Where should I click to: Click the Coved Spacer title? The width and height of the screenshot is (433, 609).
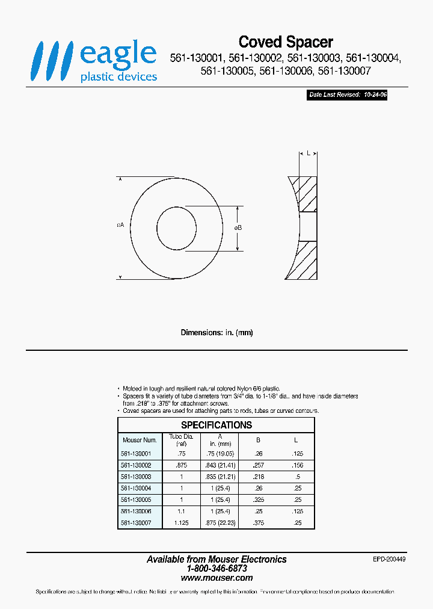coord(286,42)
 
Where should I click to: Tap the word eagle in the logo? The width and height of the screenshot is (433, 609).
coord(118,54)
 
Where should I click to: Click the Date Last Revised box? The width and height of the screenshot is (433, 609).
coord(347,95)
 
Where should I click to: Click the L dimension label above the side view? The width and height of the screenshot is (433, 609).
coord(308,153)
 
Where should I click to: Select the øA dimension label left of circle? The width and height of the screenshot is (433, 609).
coord(120,224)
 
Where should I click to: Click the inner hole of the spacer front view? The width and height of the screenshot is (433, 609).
coord(176,229)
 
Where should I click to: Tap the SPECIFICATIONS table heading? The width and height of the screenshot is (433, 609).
coord(216,425)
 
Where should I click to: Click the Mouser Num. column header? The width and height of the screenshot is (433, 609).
coord(139,440)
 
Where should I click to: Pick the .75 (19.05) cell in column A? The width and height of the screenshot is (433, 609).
coord(220,454)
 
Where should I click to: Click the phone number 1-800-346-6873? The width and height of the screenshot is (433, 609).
coord(216,568)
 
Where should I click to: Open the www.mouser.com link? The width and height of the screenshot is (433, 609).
coord(216,578)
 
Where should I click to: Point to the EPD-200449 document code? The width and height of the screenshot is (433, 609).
coord(390,559)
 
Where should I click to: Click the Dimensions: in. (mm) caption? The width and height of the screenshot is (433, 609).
coord(216,333)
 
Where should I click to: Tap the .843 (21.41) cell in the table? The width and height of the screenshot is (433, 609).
coord(220,465)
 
